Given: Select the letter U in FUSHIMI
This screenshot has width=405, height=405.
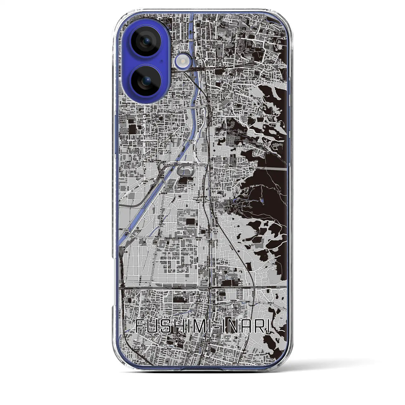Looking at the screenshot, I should point(151,326).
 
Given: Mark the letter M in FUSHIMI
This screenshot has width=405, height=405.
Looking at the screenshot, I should point(193,326).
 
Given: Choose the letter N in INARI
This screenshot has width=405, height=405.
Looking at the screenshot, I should point(230,326).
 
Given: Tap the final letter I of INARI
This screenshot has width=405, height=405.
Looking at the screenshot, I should point(268,326).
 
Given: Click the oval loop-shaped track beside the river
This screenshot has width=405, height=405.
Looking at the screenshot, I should point(186,171).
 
